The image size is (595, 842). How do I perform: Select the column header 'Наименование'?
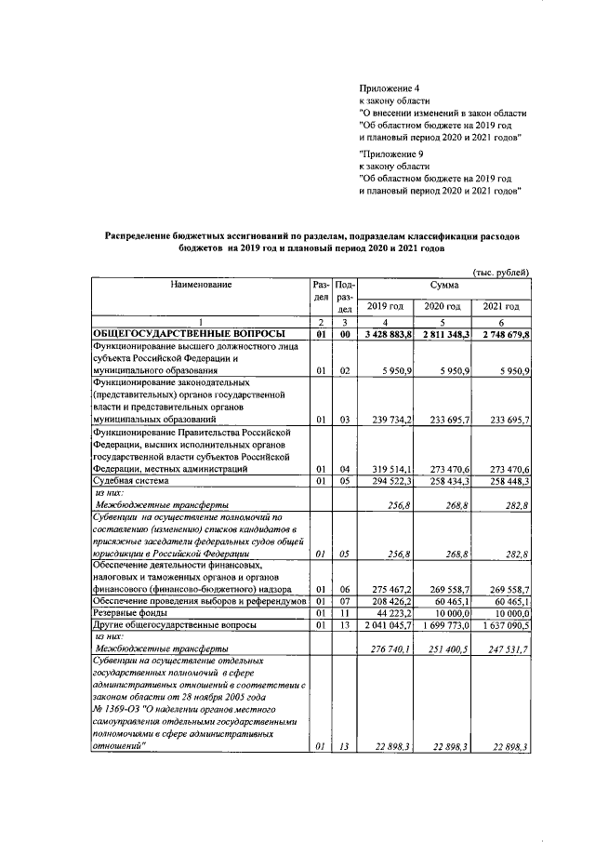click(200, 283)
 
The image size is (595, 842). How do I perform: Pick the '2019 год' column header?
click(385, 306)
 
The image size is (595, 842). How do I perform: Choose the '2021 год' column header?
click(502, 306)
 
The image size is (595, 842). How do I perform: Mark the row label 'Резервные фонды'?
click(131, 615)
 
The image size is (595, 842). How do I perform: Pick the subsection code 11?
click(344, 615)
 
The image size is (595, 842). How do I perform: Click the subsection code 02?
click(344, 370)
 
